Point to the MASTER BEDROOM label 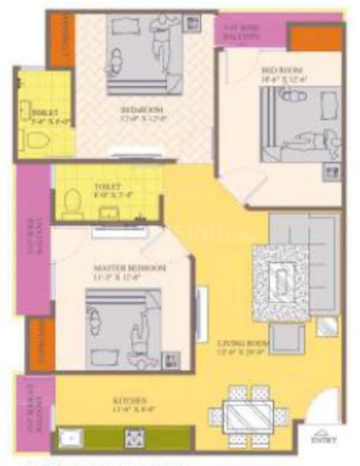pyautogui.click(x=130, y=268)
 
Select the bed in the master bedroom pyautogui.click(x=123, y=321)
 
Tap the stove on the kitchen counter pyautogui.click(x=134, y=438)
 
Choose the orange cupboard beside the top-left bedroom pyautogui.click(x=62, y=40)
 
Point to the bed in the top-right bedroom pyautogui.click(x=300, y=125)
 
